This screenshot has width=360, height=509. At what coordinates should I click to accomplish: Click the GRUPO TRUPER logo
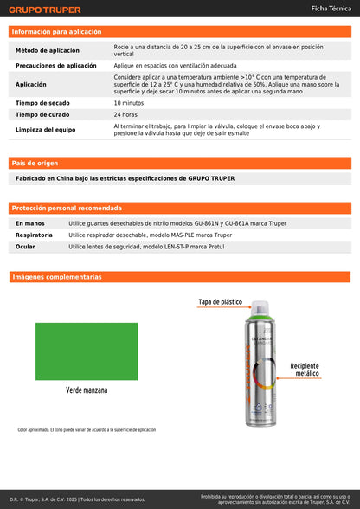[x=44, y=10]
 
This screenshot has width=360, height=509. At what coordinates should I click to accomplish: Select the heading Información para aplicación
[x=56, y=31]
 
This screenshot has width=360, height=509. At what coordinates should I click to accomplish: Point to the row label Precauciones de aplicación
[x=56, y=65]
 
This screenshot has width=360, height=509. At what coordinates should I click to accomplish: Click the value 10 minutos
[x=129, y=102]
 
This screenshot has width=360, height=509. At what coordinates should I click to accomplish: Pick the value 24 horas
[x=125, y=114]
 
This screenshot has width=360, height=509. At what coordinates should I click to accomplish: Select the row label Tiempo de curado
[x=42, y=114]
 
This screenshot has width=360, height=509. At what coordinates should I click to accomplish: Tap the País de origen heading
[x=35, y=163]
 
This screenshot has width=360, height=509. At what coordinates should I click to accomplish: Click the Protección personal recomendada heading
[x=67, y=209]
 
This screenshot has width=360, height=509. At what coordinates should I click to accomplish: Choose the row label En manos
[x=30, y=223]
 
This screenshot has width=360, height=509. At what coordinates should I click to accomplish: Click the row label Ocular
[x=26, y=247]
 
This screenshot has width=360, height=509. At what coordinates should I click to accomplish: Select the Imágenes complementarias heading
[x=56, y=277]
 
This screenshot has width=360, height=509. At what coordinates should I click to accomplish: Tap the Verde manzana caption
[x=87, y=390]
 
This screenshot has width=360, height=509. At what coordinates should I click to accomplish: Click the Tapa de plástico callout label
[x=220, y=302]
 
